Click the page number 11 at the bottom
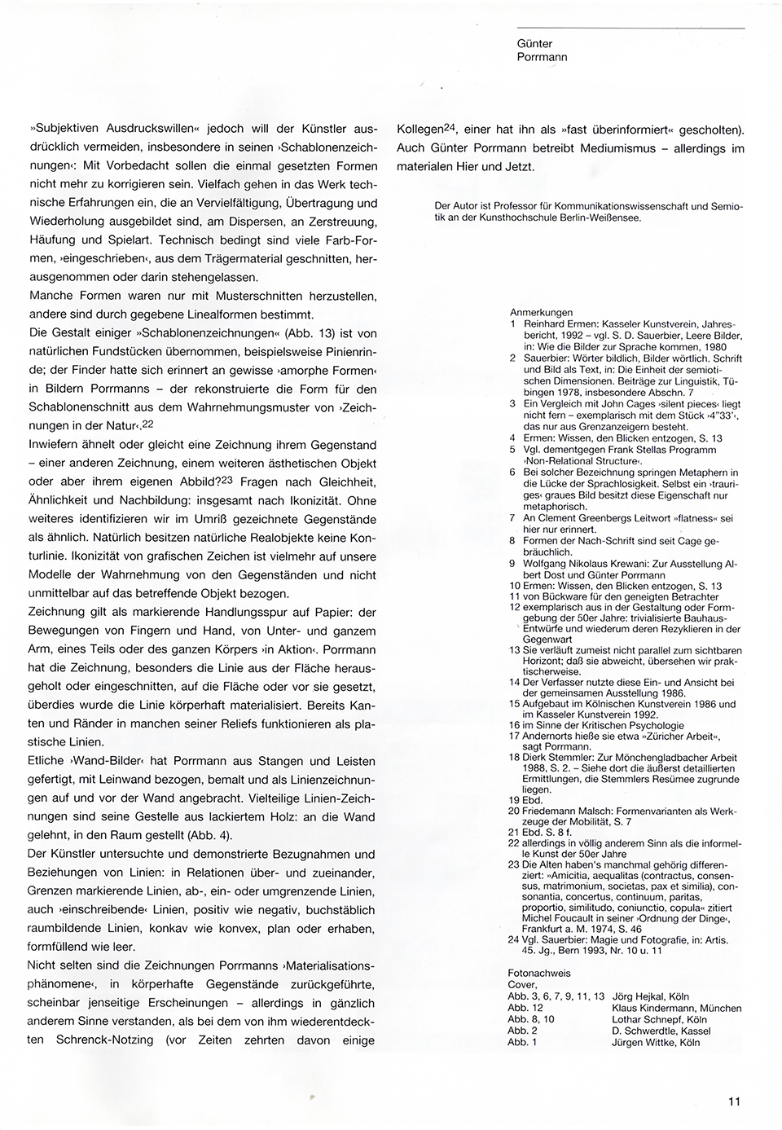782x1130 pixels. pos(734,1101)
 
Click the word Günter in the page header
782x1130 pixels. pos(534,44)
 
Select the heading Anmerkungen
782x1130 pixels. pos(541,312)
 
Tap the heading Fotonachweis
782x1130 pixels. pos(539,973)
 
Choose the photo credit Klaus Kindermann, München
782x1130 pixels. pos(676,1008)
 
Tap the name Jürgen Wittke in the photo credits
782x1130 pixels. pos(643,1042)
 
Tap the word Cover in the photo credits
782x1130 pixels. pos(522,984)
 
